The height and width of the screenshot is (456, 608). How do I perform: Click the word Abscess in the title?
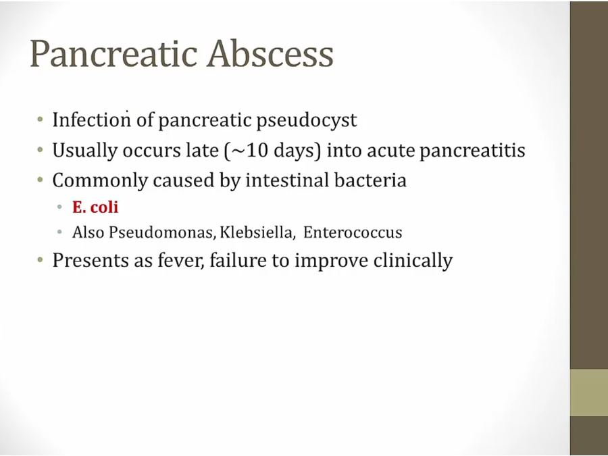click(x=270, y=53)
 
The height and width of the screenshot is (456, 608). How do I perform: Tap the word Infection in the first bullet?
click(x=91, y=120)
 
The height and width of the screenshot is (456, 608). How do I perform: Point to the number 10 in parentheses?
click(x=256, y=150)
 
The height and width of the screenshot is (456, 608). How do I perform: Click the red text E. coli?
click(x=95, y=207)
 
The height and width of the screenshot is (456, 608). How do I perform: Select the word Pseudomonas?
click(x=161, y=232)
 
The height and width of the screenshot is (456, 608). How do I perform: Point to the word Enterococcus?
click(x=353, y=232)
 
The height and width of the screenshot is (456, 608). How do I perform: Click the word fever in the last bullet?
click(x=180, y=260)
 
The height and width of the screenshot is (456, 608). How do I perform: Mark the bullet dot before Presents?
click(x=41, y=259)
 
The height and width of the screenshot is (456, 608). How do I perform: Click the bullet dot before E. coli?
click(x=59, y=207)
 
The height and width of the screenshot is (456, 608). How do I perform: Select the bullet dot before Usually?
click(x=41, y=149)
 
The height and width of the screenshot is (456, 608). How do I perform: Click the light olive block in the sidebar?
click(x=588, y=392)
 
